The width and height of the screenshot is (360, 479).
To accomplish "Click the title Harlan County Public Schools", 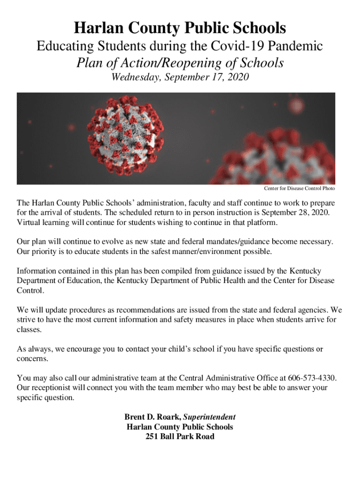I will pos(180,29).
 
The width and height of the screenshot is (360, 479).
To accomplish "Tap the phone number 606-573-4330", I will pos(312,378).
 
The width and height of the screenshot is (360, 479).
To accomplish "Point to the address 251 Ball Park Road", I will pos(180,436).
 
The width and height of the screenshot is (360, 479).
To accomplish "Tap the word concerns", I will pos(32,359).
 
